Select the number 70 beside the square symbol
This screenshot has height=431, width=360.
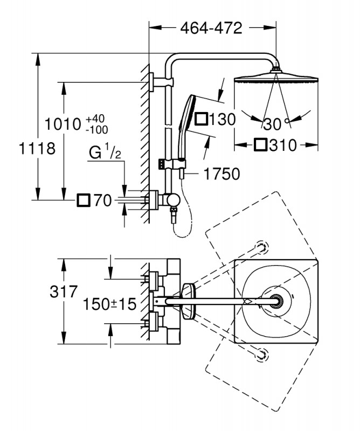click(102, 201)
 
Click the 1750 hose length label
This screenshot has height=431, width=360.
click(221, 173)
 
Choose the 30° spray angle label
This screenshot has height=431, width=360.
click(274, 124)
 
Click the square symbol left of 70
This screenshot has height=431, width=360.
click(84, 201)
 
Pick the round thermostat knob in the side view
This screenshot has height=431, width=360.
click(172, 200)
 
